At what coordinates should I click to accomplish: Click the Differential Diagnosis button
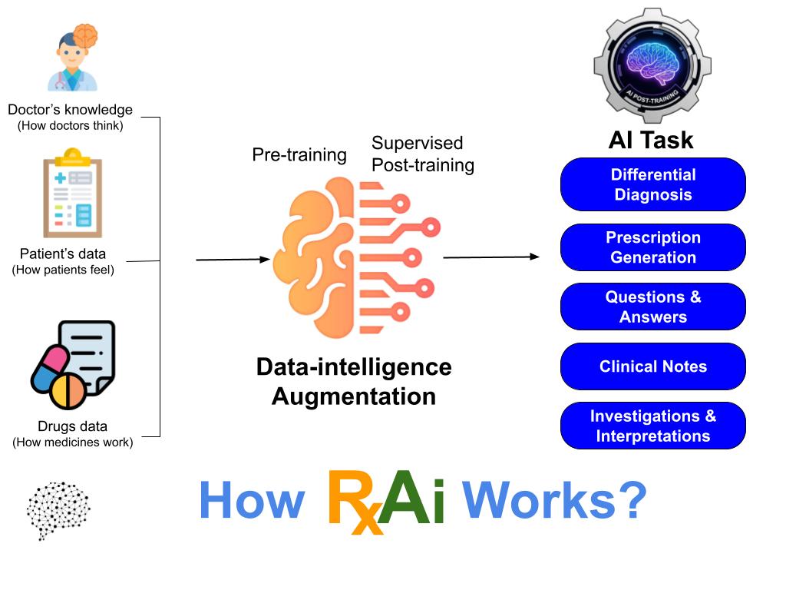pos(652,184)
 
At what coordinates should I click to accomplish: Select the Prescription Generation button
pos(652,247)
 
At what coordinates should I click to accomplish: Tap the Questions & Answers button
pos(652,307)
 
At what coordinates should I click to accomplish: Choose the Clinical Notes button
pos(652,366)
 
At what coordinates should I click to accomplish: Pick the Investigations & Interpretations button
pos(652,426)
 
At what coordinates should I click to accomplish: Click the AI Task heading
pos(651,140)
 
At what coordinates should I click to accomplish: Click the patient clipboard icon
pos(72,197)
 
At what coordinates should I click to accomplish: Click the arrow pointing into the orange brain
pos(233,260)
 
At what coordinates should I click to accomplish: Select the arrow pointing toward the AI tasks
pos(491,257)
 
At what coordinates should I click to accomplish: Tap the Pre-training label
pos(299,154)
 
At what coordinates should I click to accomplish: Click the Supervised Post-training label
pos(422,154)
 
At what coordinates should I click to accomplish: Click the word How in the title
pos(251,501)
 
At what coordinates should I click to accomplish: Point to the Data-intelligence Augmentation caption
pos(354,382)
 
